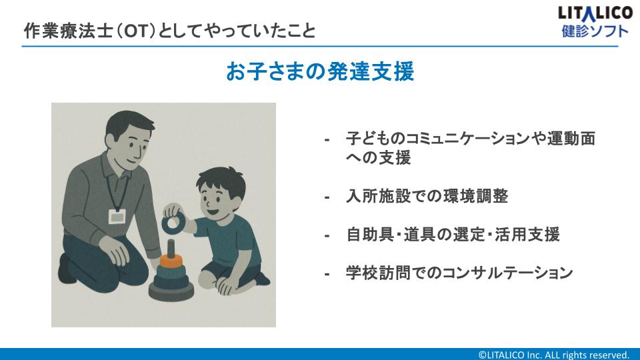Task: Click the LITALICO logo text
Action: pyautogui.click(x=595, y=13)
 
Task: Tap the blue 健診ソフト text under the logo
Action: pyautogui.click(x=595, y=31)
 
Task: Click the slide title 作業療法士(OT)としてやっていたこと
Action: pyautogui.click(x=170, y=31)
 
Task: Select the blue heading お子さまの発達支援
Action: pyautogui.click(x=320, y=71)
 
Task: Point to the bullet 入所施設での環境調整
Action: pyautogui.click(x=427, y=196)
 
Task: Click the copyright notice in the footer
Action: pyautogui.click(x=553, y=355)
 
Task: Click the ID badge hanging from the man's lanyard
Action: pyautogui.click(x=117, y=217)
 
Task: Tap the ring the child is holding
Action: pyautogui.click(x=173, y=223)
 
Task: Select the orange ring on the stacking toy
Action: pyautogui.click(x=171, y=261)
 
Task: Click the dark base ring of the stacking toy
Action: pyautogui.click(x=171, y=291)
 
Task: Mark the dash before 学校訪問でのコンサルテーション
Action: pyautogui.click(x=327, y=274)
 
